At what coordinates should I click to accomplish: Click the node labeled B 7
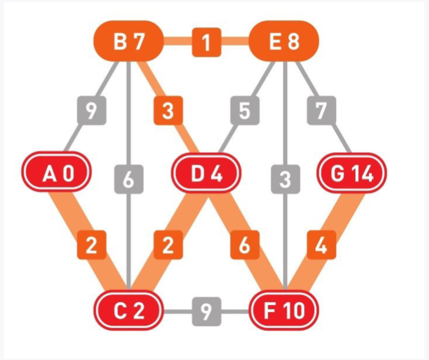pos(128,41)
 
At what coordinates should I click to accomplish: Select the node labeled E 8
pos(284,41)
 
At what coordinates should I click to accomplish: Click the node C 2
pos(128,310)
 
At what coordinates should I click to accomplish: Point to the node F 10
pos(283,310)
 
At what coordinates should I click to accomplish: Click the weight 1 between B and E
pos(206,42)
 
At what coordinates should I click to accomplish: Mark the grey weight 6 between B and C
pos(128,179)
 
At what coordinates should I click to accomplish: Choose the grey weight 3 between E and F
pos(285,179)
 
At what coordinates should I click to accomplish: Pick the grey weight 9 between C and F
pos(206,311)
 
